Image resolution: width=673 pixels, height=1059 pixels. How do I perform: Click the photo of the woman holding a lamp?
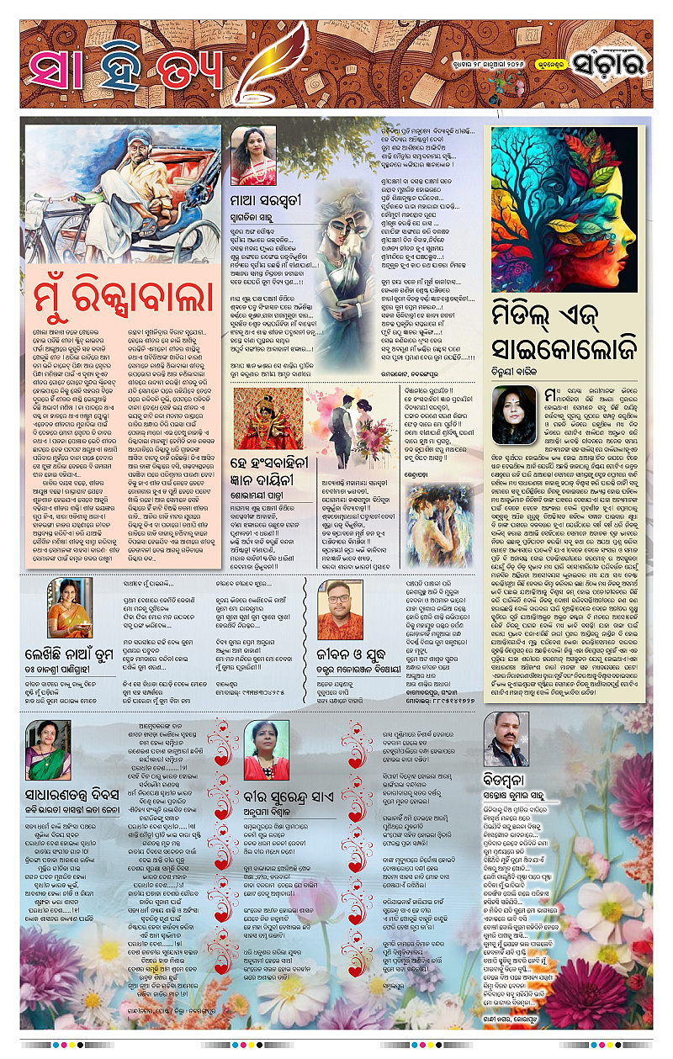(70, 607)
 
